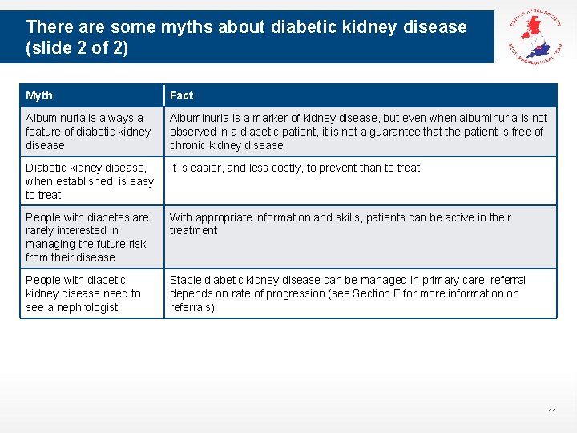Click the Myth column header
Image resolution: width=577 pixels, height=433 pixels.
pyautogui.click(x=39, y=95)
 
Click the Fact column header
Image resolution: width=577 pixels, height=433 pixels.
pyautogui.click(x=182, y=95)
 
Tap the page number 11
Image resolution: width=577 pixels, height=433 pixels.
pyautogui.click(x=552, y=411)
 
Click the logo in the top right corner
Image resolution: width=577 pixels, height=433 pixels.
pyautogui.click(x=531, y=38)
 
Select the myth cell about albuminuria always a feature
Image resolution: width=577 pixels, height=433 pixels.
pyautogui.click(x=91, y=132)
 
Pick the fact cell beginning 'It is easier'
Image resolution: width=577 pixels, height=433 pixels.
pyautogui.click(x=359, y=180)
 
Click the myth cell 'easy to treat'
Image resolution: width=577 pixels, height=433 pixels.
pyautogui.click(x=91, y=180)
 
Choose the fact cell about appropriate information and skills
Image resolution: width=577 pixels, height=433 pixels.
pyautogui.click(x=359, y=237)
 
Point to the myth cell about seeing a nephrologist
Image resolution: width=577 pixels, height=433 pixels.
pyautogui.click(x=91, y=293)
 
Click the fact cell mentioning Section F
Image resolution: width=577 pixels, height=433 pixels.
pyautogui.click(x=359, y=293)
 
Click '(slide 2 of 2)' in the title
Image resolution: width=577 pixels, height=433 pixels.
pyautogui.click(x=77, y=48)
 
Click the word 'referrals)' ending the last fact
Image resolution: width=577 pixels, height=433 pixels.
pyautogui.click(x=192, y=307)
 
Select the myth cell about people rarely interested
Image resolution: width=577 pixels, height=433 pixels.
pyautogui.click(x=91, y=237)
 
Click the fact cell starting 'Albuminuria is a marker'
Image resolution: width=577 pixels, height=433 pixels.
pyautogui.click(x=359, y=132)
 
